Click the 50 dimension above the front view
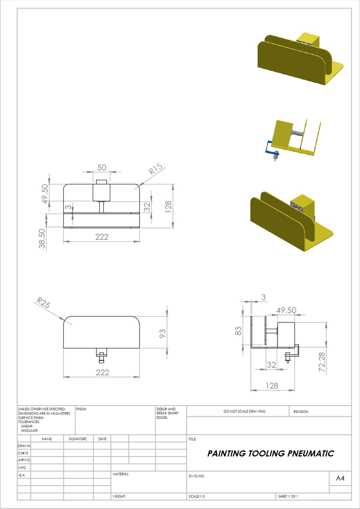tap(101, 167)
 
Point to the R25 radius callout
tap(43, 304)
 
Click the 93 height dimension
tap(163, 334)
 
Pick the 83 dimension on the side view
tap(239, 331)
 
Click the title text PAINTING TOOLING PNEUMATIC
tap(270, 454)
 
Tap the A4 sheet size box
tap(340, 478)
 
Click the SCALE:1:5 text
tap(197, 497)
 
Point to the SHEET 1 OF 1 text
tap(288, 497)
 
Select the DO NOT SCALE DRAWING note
tap(244, 411)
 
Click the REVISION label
tap(301, 411)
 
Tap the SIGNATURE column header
tap(77, 439)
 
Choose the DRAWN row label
tap(24, 446)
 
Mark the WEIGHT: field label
tap(119, 497)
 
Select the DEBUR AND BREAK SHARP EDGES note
tap(166, 413)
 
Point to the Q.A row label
tap(22, 475)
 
